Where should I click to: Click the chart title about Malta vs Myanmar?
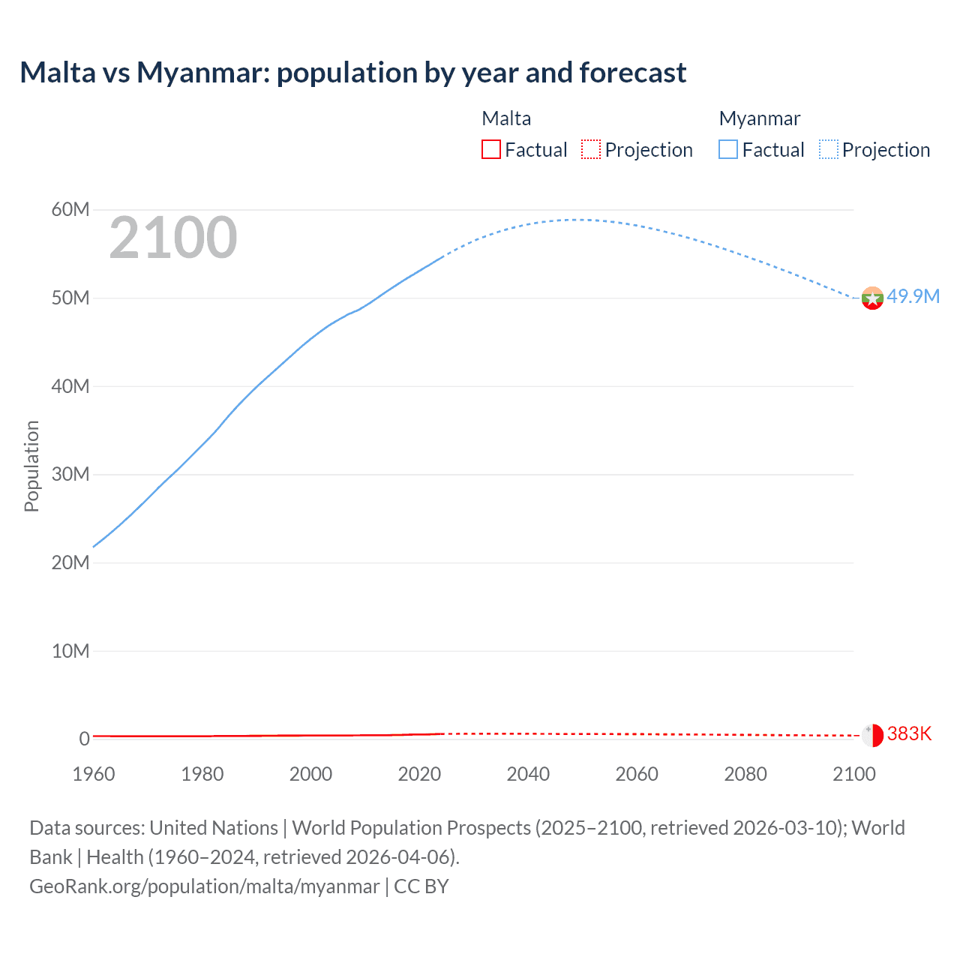point(352,73)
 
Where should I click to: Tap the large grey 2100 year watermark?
point(173,238)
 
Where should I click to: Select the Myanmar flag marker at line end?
point(872,298)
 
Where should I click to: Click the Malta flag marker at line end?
point(872,735)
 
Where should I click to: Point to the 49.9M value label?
point(913,296)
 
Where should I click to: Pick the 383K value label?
point(909,733)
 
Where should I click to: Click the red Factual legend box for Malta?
point(491,149)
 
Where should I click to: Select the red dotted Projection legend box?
point(591,149)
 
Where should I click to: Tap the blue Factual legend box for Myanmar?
point(728,149)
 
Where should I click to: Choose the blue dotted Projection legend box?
point(829,149)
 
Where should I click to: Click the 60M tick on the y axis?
point(70,209)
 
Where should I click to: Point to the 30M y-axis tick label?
point(70,474)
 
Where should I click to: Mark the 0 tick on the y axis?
point(84,739)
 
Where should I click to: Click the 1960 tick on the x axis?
point(94,774)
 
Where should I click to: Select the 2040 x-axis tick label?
point(528,774)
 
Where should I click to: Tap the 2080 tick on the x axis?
point(745,774)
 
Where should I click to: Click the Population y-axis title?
point(31,466)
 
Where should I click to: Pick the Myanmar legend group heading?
point(759,118)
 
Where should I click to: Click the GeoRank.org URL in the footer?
point(205,886)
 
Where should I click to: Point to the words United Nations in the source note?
point(214,828)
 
